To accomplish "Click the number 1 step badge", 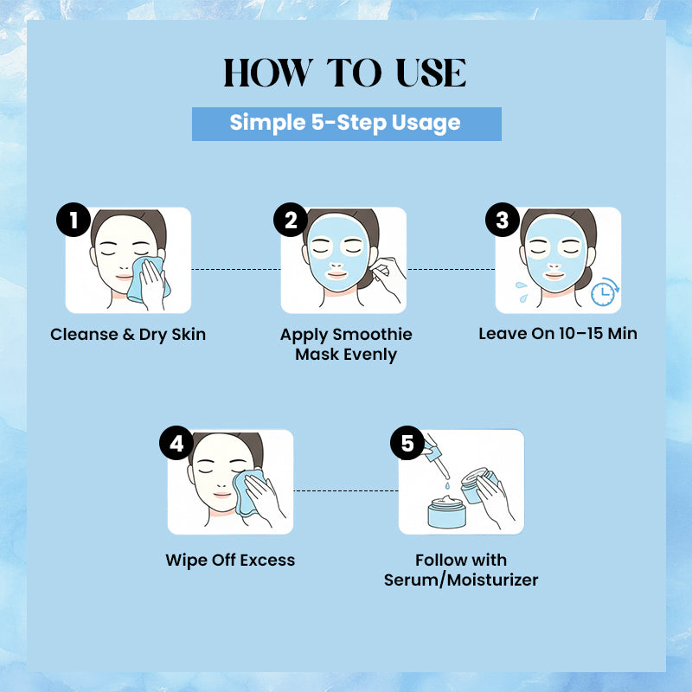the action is [x=74, y=220].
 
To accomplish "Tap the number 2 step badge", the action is [x=291, y=220].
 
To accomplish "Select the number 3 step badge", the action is [x=503, y=220].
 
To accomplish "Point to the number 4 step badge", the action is [x=176, y=443].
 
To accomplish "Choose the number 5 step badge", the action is [x=407, y=443].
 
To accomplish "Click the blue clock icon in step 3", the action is [x=605, y=292].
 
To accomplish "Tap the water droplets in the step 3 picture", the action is [x=522, y=292].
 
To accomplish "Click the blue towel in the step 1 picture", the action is [x=148, y=279].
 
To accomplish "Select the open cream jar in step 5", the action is [x=446, y=512].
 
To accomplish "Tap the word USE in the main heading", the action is [x=431, y=73].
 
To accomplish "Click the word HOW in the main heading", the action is [x=268, y=73].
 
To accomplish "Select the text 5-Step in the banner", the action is [x=349, y=122].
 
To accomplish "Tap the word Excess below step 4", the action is [x=267, y=560].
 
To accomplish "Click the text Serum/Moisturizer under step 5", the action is [x=461, y=580].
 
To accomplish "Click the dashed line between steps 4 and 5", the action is [x=346, y=490].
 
